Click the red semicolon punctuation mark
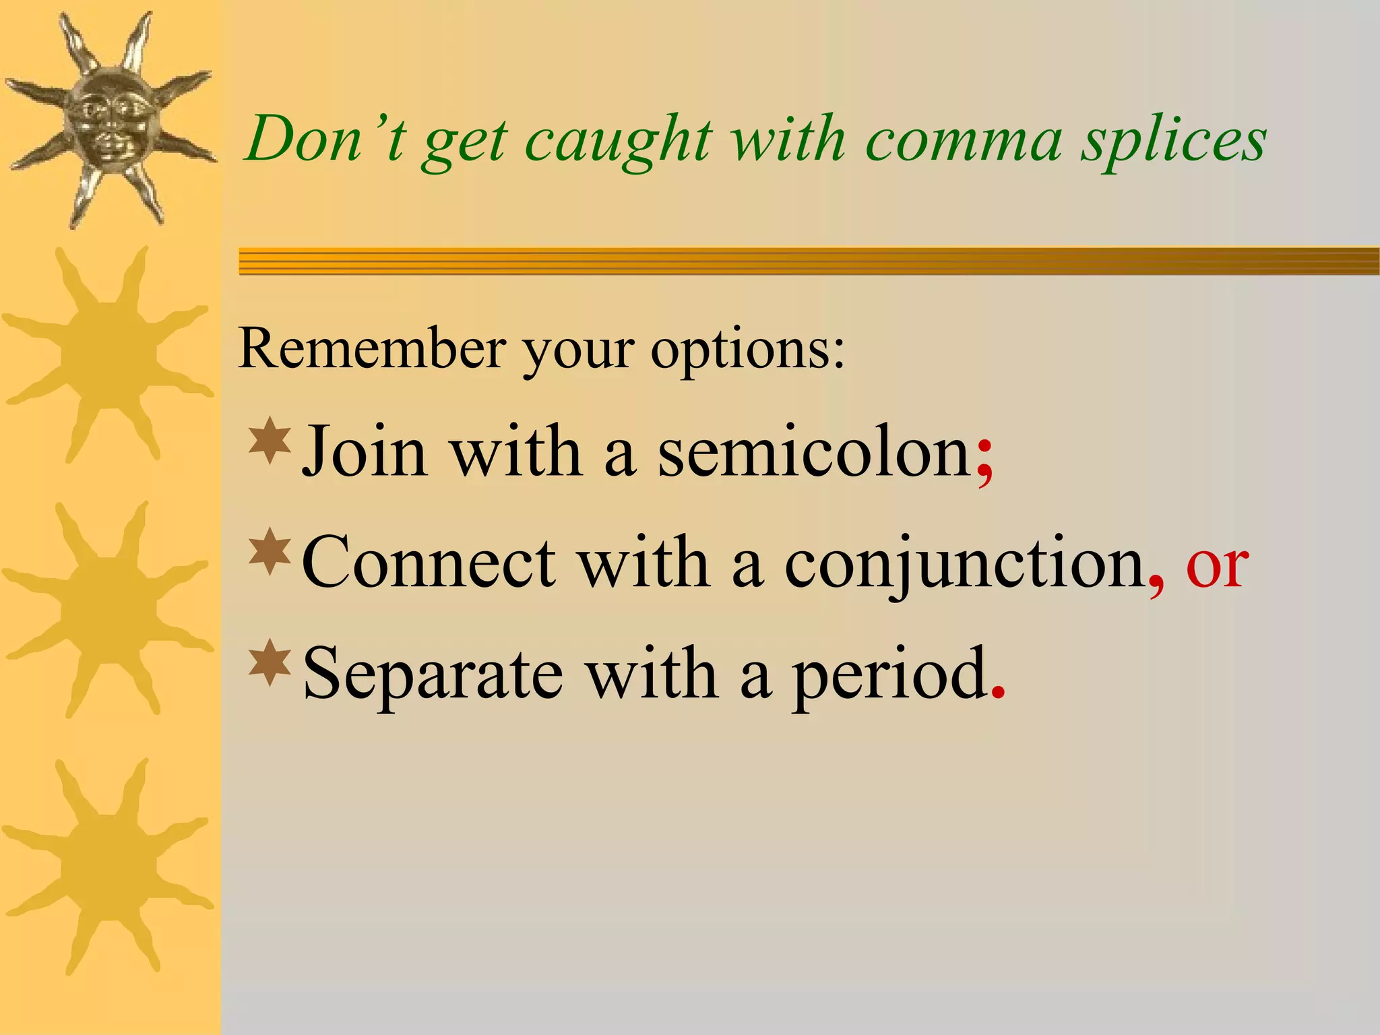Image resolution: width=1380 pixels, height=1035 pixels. coord(984,458)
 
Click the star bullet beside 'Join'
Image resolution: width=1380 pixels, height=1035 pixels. coord(270,441)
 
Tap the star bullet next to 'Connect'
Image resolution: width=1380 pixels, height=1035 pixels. coord(270,552)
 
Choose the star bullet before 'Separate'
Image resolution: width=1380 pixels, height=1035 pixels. coord(270,663)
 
